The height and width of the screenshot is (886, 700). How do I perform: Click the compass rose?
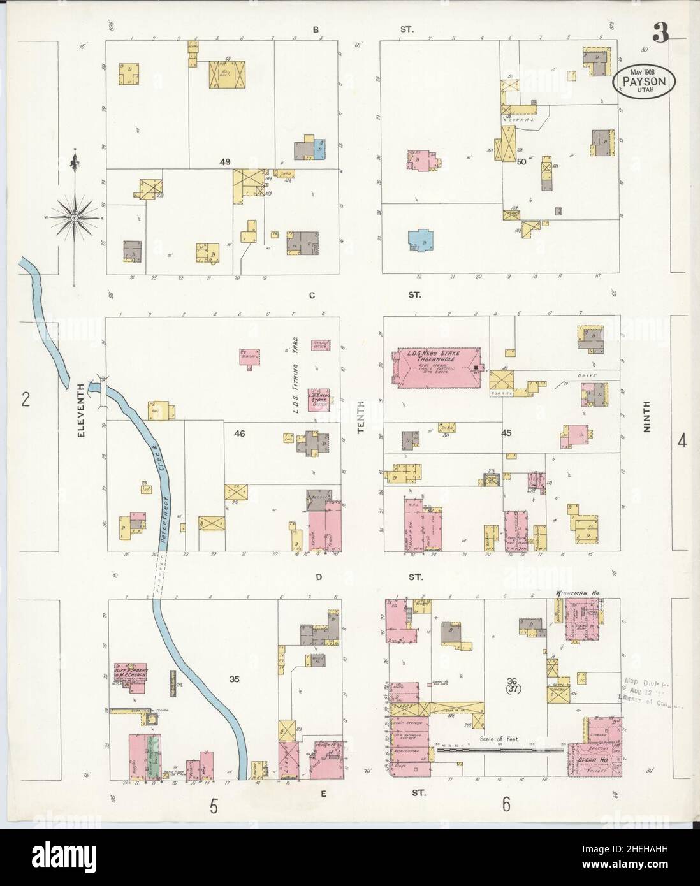tap(75, 218)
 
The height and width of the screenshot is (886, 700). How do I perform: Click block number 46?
tap(239, 433)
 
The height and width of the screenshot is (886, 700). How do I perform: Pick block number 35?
tap(234, 679)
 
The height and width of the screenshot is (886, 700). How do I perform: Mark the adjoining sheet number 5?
tap(215, 807)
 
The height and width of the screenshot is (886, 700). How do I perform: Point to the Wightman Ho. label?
tap(578, 593)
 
